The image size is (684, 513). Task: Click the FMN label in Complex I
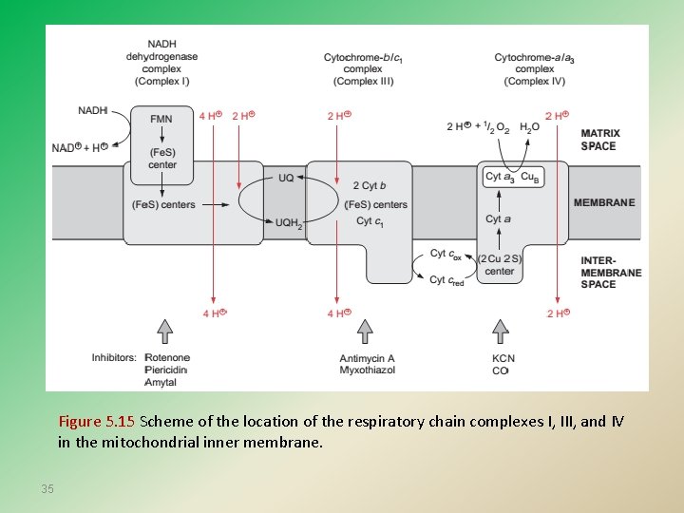(x=161, y=119)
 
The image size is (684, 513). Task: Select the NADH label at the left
(x=92, y=111)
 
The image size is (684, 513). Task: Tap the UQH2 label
(x=288, y=224)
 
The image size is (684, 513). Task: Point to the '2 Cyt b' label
(x=369, y=185)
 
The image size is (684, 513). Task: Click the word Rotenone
(x=167, y=358)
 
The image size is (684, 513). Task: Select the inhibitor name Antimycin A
(x=367, y=358)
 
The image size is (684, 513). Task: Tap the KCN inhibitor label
(x=503, y=358)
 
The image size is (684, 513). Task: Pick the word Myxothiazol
(x=368, y=370)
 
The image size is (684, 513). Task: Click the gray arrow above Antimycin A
(x=364, y=330)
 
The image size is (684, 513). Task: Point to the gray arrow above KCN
(x=501, y=330)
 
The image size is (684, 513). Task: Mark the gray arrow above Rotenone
(x=165, y=330)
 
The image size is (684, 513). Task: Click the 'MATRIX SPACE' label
(x=600, y=140)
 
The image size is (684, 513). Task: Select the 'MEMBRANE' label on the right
(x=604, y=202)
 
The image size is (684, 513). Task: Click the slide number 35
(x=47, y=488)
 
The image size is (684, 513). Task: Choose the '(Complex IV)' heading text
(x=534, y=81)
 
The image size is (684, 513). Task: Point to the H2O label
(x=529, y=126)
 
